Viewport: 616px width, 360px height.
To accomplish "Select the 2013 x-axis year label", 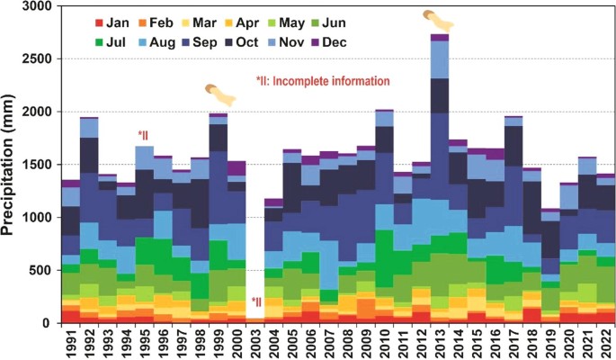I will click(x=440, y=342).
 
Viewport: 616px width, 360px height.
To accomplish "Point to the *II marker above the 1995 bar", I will click(x=144, y=136).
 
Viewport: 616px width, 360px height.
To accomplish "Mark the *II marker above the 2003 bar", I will click(x=256, y=302).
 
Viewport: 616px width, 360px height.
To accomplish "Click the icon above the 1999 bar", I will click(x=219, y=92).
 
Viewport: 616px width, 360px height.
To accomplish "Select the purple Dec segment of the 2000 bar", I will click(x=237, y=168).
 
